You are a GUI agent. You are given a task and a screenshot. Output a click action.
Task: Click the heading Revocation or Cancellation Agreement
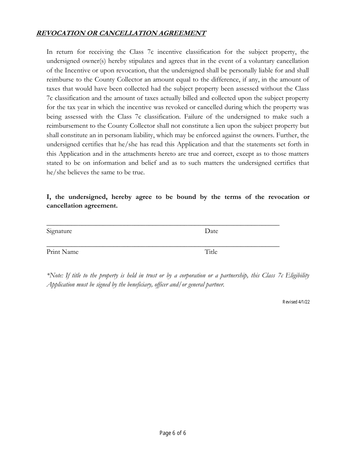pyautogui.click(x=121, y=33)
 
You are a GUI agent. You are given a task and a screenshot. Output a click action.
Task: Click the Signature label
pyautogui.click(x=59, y=231)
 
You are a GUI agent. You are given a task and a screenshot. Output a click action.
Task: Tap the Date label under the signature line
pyautogui.click(x=211, y=231)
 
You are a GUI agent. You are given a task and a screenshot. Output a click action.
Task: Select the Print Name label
pyautogui.click(x=63, y=252)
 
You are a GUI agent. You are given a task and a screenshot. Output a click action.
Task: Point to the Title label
pyautogui.click(x=211, y=252)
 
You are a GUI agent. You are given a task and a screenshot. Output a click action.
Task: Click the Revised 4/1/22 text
pyautogui.click(x=296, y=302)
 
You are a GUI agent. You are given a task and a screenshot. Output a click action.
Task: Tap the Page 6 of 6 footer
pyautogui.click(x=173, y=433)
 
